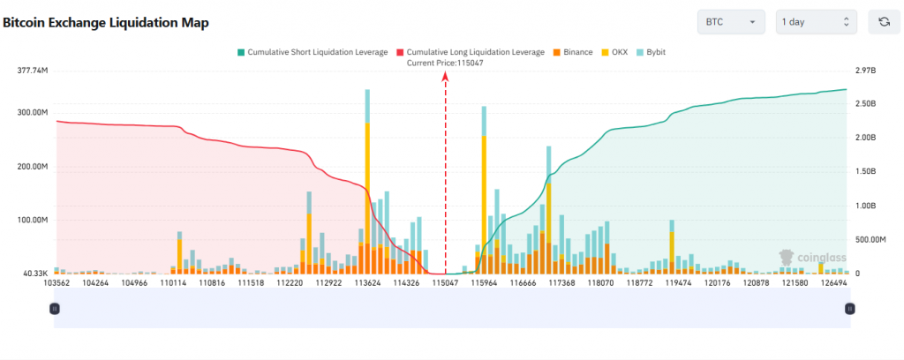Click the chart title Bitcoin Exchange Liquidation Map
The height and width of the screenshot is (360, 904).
(106, 23)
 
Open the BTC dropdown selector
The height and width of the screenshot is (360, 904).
(730, 22)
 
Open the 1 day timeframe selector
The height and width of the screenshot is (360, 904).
(816, 22)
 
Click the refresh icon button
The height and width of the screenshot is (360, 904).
(884, 22)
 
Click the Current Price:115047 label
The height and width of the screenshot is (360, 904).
(445, 64)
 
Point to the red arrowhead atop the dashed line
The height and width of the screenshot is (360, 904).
(445, 77)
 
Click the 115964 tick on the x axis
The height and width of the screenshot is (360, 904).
(484, 283)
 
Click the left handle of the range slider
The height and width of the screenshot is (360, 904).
(55, 308)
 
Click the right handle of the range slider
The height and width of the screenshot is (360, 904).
(849, 308)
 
